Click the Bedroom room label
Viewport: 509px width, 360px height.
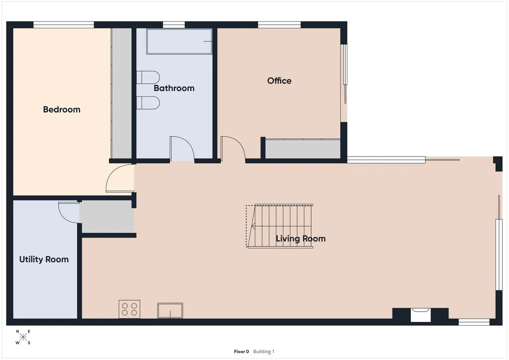click(x=62, y=109)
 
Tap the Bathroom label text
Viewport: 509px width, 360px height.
click(x=174, y=88)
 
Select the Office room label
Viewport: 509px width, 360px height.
click(x=279, y=81)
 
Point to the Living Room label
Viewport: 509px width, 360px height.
click(x=301, y=239)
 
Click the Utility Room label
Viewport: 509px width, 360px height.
click(x=44, y=260)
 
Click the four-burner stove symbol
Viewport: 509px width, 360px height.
click(x=129, y=309)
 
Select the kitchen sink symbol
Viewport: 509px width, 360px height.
click(x=170, y=310)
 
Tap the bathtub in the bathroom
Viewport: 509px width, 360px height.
click(x=179, y=41)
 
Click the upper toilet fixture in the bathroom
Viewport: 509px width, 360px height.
click(x=148, y=77)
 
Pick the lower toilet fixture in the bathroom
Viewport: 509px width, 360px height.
click(x=148, y=103)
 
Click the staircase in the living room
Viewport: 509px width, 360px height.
click(x=280, y=226)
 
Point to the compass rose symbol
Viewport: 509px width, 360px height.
click(x=23, y=337)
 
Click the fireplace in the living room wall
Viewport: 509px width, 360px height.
click(x=421, y=315)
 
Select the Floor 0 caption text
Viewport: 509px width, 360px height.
click(x=241, y=352)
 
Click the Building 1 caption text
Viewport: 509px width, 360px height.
click(x=263, y=352)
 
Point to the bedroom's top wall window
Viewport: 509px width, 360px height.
click(x=64, y=25)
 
